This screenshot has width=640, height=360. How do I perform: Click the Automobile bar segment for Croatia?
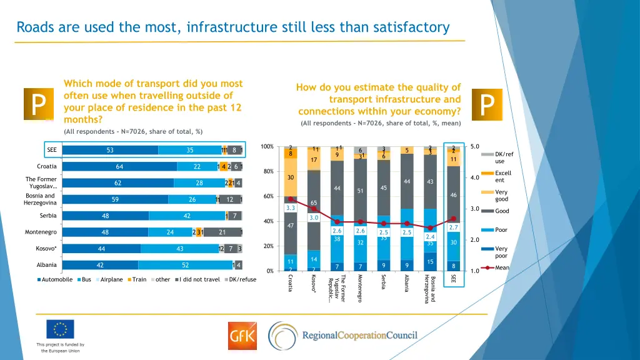(x=119, y=167)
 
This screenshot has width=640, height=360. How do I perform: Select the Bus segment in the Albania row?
(x=185, y=266)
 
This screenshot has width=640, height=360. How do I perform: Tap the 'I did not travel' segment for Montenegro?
(x=222, y=232)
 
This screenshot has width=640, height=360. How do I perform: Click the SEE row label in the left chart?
(x=51, y=150)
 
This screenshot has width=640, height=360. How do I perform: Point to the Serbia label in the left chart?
(x=48, y=216)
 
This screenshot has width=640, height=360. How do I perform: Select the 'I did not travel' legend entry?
(x=199, y=279)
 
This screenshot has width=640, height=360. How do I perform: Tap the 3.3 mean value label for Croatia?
(x=290, y=207)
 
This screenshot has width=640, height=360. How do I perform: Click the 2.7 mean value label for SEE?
(x=454, y=227)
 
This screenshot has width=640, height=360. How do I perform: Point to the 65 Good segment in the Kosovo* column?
(x=314, y=203)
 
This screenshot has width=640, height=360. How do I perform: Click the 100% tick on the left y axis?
(x=266, y=147)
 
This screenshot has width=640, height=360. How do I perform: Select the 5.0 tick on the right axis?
(x=474, y=147)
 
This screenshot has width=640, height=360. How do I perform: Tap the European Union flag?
(x=60, y=329)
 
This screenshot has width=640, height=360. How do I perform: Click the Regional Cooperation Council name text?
(x=359, y=336)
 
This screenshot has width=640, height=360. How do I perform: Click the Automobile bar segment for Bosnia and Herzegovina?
(x=115, y=200)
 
